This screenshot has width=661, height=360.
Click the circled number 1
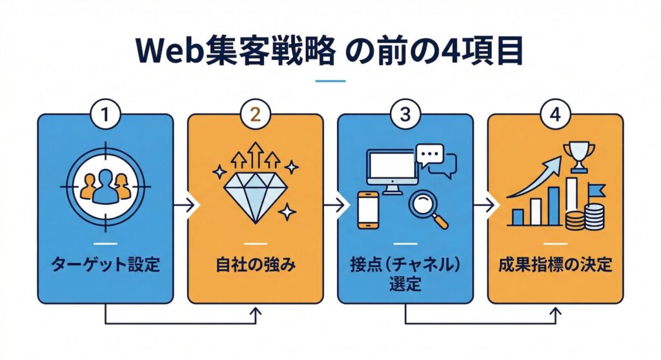(x=105, y=115)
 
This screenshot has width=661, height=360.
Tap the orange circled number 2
(x=255, y=115)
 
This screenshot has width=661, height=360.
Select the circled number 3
(x=405, y=115)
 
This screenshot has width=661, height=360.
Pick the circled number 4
(x=554, y=115)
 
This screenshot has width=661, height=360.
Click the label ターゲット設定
(x=105, y=265)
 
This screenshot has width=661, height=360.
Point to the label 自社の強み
(x=255, y=265)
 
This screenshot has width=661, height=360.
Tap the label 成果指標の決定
(x=555, y=265)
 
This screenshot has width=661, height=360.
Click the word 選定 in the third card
(x=405, y=283)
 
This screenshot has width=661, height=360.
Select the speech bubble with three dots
(x=431, y=155)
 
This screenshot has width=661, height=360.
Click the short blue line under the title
(x=330, y=81)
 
